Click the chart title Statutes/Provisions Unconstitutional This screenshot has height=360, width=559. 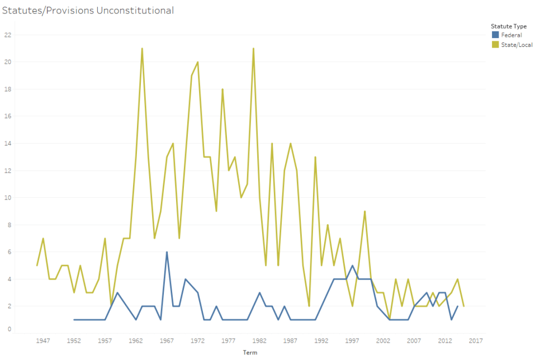tap(88, 11)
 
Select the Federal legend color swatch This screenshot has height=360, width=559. tap(495, 35)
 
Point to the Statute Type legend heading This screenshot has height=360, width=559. tap(508, 26)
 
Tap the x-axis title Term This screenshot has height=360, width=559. tap(250, 353)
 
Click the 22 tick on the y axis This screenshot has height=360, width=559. tap(8, 35)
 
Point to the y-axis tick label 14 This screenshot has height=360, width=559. tap(8, 143)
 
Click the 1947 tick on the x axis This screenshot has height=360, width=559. tap(43, 340)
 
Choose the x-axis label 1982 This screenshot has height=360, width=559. tap(259, 340)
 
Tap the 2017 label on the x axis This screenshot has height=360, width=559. tap(476, 340)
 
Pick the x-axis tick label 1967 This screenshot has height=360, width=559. tap(167, 340)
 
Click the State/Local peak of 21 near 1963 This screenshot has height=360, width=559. tap(142, 49)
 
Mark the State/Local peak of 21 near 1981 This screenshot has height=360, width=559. tap(253, 49)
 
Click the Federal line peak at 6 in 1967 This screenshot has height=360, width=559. tap(167, 252)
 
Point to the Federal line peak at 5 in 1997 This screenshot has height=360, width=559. tap(352, 266)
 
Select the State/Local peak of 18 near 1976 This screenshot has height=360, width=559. tap(222, 89)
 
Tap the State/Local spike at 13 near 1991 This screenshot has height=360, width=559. tap(315, 157)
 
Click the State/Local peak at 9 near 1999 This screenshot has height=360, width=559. tap(364, 211)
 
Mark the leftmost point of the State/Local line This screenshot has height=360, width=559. tap(37, 266)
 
